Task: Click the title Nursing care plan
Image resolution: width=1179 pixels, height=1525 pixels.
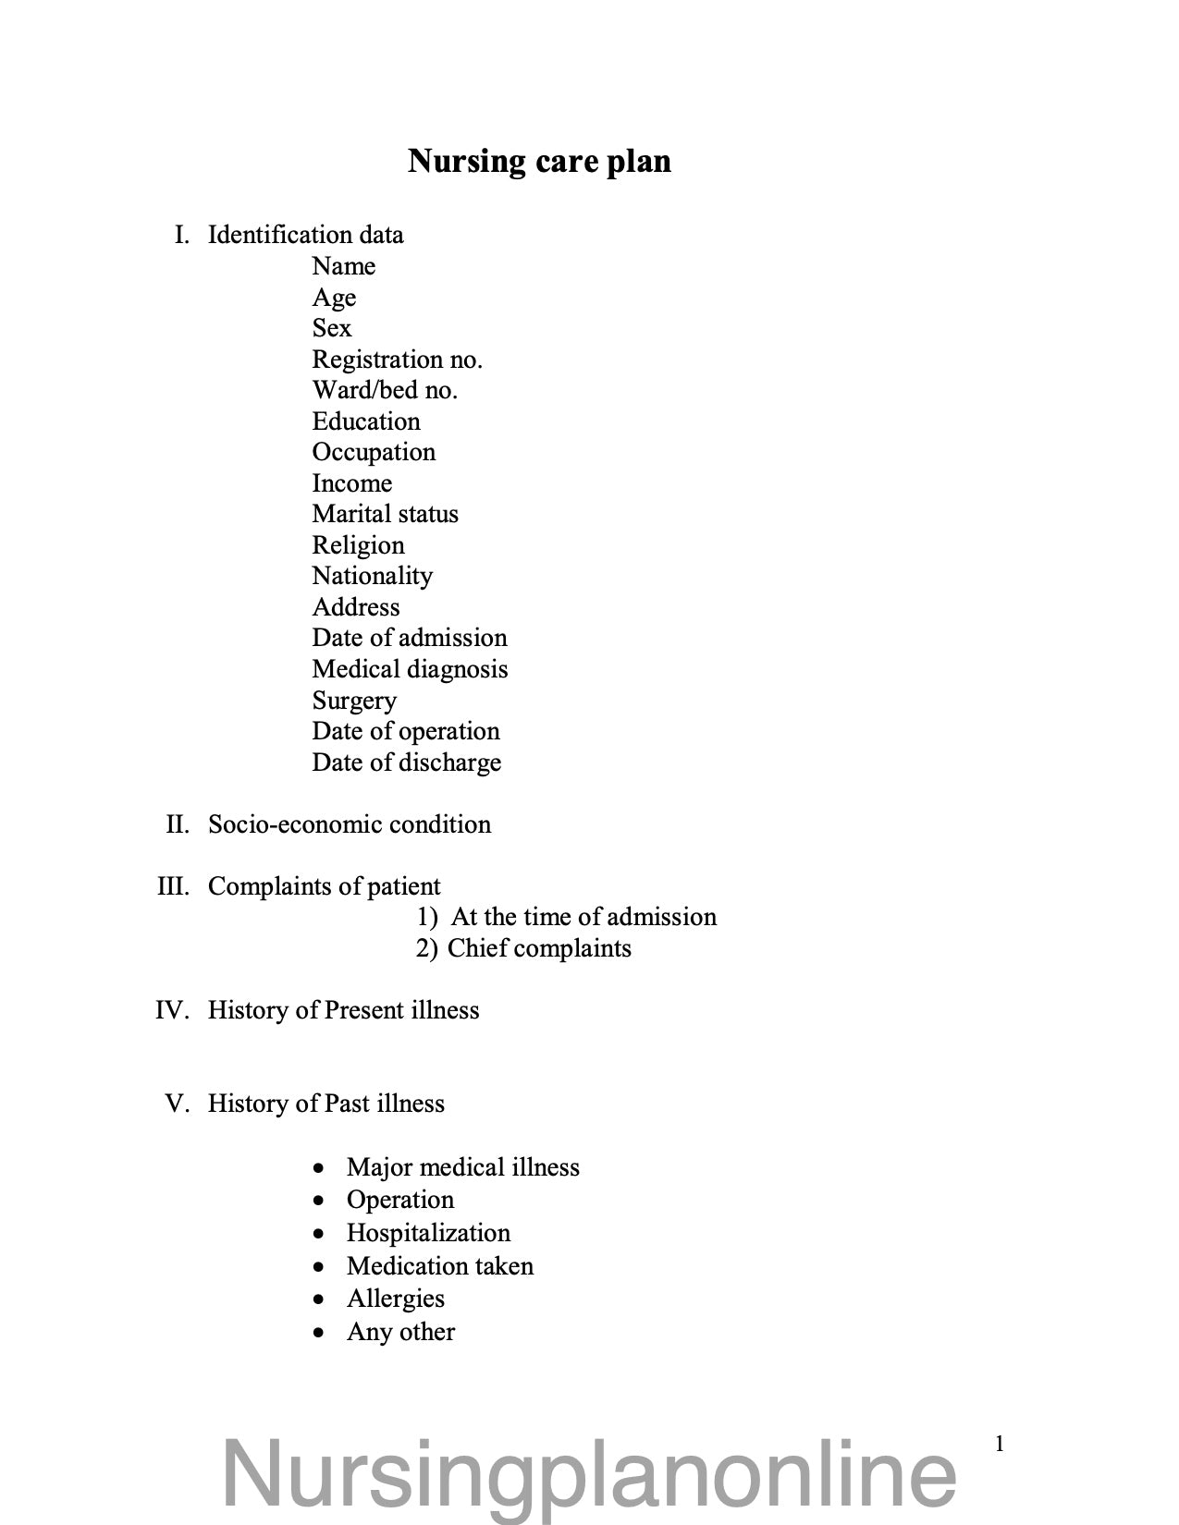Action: point(539,161)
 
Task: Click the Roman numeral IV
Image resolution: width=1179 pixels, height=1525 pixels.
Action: point(172,1010)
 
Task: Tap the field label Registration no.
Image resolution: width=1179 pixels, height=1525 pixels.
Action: point(397,360)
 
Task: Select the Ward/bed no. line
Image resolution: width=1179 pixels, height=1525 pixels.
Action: point(385,390)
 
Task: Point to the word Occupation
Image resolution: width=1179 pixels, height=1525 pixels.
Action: point(374,452)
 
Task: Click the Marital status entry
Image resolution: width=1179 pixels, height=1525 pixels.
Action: point(385,514)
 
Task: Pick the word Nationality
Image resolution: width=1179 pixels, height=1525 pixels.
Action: point(372,576)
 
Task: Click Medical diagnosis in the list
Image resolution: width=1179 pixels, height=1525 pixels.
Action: point(410,669)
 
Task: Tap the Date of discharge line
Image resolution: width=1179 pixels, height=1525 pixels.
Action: point(406,762)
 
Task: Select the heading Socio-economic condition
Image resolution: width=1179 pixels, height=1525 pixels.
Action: point(350,824)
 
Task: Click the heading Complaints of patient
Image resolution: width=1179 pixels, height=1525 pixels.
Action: point(324,886)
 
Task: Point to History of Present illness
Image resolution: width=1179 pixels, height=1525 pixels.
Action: point(343,1010)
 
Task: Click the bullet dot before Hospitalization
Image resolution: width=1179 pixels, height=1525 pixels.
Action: point(319,1234)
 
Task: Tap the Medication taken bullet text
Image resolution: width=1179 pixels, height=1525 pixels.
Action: point(439,1266)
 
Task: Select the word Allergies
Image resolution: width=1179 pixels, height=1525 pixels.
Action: point(395,1299)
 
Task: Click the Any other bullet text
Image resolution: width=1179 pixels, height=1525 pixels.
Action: point(400,1332)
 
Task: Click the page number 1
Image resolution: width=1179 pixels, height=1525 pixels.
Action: point(999,1444)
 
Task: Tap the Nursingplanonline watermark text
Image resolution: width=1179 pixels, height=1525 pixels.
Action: point(589,1474)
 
